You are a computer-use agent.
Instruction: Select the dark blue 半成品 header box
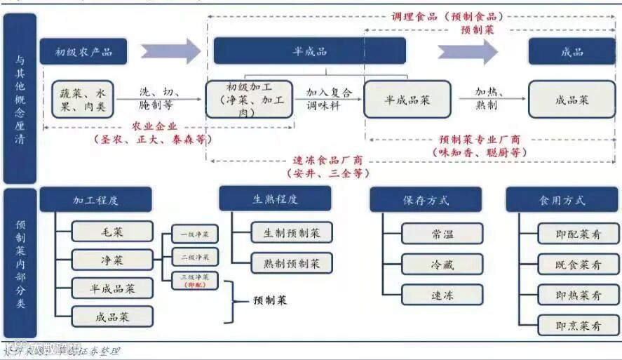click(309, 51)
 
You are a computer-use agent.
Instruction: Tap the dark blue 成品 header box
click(572, 51)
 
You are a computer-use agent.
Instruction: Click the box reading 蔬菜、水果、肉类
click(82, 99)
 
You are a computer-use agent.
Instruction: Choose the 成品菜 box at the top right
click(572, 100)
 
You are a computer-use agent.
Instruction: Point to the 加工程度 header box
click(95, 200)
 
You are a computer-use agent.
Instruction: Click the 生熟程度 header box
click(275, 199)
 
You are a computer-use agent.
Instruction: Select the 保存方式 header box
click(426, 200)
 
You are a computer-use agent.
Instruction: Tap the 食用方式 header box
click(562, 200)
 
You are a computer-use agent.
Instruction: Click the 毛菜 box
click(111, 231)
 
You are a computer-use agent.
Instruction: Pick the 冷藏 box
click(442, 264)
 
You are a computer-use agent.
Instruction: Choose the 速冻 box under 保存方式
click(442, 295)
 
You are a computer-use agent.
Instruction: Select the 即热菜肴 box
click(578, 295)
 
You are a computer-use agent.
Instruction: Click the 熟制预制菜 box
click(291, 263)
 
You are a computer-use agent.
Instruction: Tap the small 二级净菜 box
click(195, 257)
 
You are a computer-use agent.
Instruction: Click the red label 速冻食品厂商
click(327, 160)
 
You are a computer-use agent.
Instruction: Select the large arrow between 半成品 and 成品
click(468, 51)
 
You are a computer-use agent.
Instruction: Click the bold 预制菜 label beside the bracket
click(270, 300)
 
